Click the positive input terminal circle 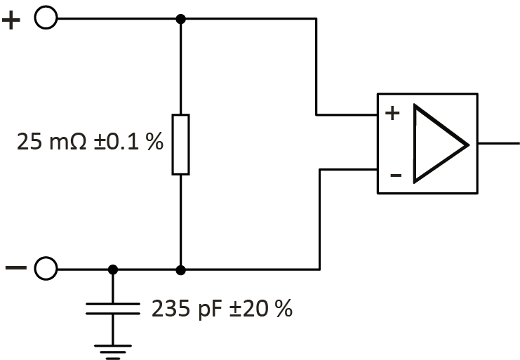click(x=46, y=19)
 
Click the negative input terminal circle click(x=46, y=268)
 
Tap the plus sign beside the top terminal click(x=12, y=20)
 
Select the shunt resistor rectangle click(x=180, y=144)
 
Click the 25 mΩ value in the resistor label click(x=51, y=143)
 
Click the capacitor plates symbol click(x=112, y=309)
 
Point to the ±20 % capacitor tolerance click(x=260, y=309)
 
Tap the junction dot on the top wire click(x=180, y=19)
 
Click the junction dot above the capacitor click(x=112, y=269)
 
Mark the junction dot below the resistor click(x=180, y=269)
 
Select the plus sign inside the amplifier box click(x=393, y=113)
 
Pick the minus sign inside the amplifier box click(x=395, y=175)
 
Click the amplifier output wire click(x=498, y=142)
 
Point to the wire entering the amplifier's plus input click(x=347, y=114)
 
